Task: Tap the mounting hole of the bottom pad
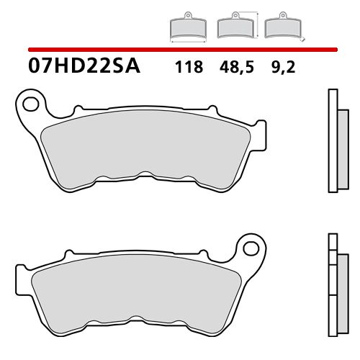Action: click(252, 248)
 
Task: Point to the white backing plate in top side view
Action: click(331, 140)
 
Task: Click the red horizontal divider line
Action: click(180, 48)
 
